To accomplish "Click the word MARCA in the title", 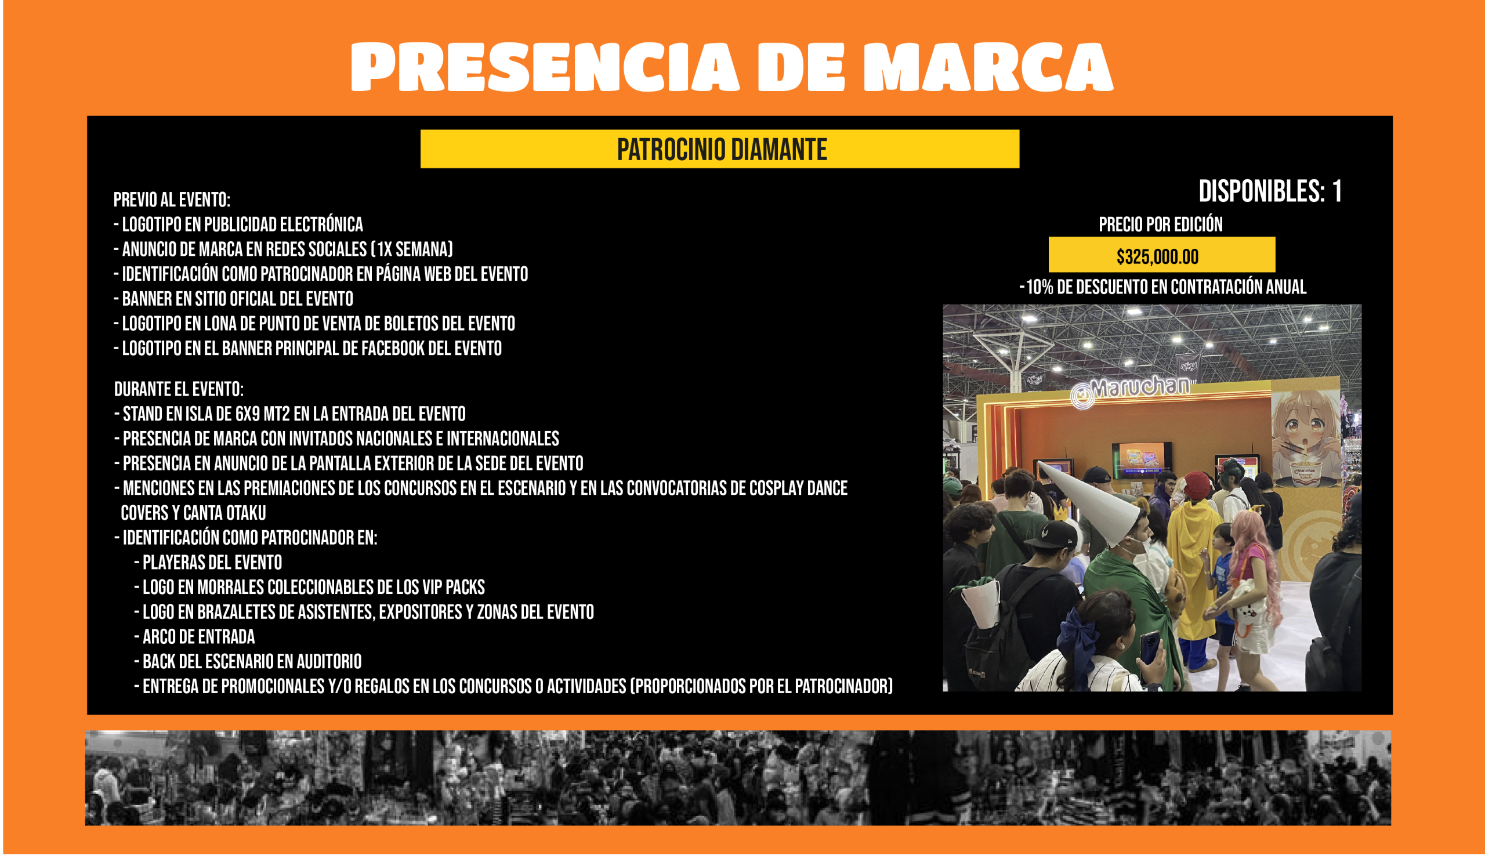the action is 988,67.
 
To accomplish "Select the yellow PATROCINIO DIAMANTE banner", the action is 720,149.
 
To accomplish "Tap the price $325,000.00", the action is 1157,256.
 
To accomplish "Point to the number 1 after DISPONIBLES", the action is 1337,191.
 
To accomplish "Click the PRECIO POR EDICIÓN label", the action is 1160,224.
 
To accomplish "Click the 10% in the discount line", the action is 1039,287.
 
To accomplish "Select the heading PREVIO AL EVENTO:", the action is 172,200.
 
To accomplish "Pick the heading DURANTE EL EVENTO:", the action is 179,389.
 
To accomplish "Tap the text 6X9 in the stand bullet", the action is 247,414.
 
